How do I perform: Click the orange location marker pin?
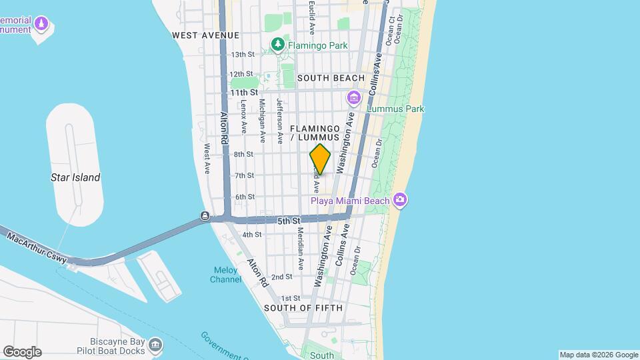320,159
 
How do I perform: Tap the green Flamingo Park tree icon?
278,45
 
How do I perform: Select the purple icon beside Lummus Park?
353,99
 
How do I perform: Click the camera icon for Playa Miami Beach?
399,199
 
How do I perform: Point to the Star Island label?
75,177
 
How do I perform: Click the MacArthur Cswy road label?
37,247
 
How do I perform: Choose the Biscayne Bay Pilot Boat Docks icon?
155,345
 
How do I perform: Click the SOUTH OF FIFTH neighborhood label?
303,308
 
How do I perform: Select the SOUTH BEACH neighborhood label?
331,78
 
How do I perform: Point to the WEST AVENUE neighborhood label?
205,35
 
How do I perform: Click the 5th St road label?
289,219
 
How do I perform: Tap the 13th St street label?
242,55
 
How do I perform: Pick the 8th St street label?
244,154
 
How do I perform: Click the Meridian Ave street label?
301,249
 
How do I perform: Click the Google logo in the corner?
22,351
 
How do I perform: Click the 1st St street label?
291,298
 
